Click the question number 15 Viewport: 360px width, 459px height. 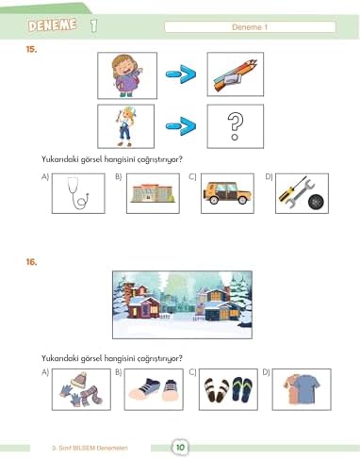[31, 49]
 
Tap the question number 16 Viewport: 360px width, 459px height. [31, 262]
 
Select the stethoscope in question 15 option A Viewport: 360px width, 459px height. [78, 193]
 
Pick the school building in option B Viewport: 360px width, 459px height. [153, 193]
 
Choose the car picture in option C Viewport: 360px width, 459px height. [227, 193]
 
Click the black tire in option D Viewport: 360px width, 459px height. [318, 203]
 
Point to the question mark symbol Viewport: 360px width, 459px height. [236, 126]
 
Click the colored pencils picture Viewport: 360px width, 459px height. [235, 75]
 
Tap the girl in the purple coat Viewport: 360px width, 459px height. [126, 75]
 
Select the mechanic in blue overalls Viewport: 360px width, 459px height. [126, 126]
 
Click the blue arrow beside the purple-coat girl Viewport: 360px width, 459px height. [181, 74]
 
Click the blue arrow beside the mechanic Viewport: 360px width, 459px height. [181, 126]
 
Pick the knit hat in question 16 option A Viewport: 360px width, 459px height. [78, 380]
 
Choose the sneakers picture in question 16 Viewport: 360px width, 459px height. [154, 389]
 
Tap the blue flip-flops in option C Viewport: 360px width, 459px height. [242, 389]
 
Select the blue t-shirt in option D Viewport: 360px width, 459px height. [306, 389]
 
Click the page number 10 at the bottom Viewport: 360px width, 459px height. [180, 447]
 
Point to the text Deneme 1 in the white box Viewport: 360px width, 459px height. [250, 27]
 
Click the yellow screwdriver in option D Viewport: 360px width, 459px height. [292, 189]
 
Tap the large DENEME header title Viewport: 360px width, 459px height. [52, 25]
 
